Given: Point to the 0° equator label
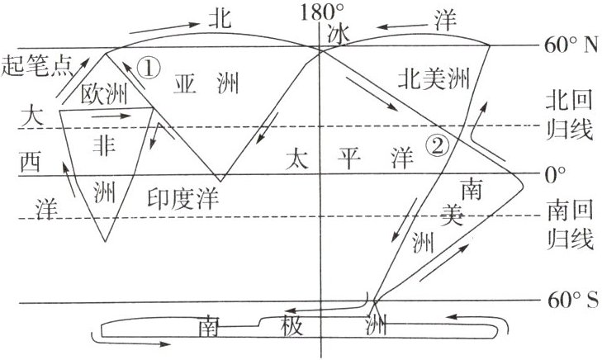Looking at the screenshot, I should (x=554, y=174).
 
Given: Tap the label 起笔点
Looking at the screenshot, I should (x=34, y=64).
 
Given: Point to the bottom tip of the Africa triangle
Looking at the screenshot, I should (x=106, y=242).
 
